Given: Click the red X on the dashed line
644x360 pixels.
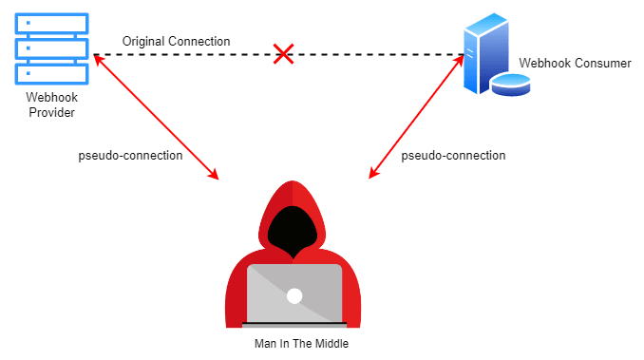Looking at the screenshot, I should point(282,54).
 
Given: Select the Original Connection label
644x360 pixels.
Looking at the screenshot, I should point(175,42).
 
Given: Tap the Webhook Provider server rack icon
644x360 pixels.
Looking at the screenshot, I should point(51,47).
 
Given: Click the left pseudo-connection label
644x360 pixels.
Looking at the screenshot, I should point(130,155).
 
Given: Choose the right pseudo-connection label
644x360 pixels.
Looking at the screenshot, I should point(453,155).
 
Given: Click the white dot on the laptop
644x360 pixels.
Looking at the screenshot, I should point(294,295).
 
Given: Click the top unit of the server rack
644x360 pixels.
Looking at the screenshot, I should point(51,23).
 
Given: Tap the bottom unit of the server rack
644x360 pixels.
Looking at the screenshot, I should point(51,72).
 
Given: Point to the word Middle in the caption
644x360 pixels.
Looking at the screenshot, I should point(330,343).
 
